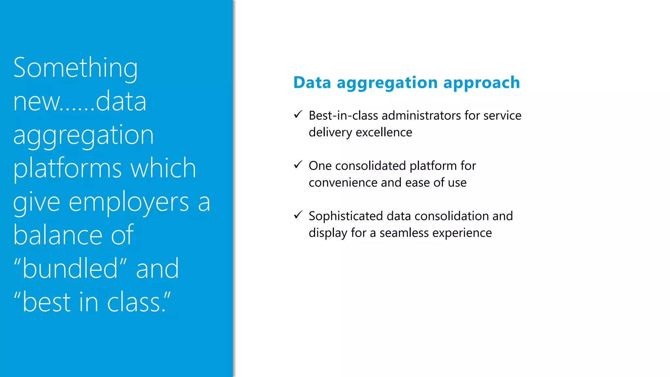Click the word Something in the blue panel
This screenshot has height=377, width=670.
click(75, 68)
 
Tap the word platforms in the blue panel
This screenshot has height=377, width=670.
click(67, 168)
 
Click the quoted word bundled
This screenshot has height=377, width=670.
click(70, 268)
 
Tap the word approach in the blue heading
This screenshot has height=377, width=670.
click(481, 82)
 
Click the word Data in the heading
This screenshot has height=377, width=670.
click(312, 82)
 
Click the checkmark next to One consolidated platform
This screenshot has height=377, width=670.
click(298, 165)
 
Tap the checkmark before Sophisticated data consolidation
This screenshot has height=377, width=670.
click(298, 215)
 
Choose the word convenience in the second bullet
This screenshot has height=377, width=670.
click(343, 183)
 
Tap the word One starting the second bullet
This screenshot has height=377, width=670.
click(320, 166)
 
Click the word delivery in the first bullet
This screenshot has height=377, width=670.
click(330, 133)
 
